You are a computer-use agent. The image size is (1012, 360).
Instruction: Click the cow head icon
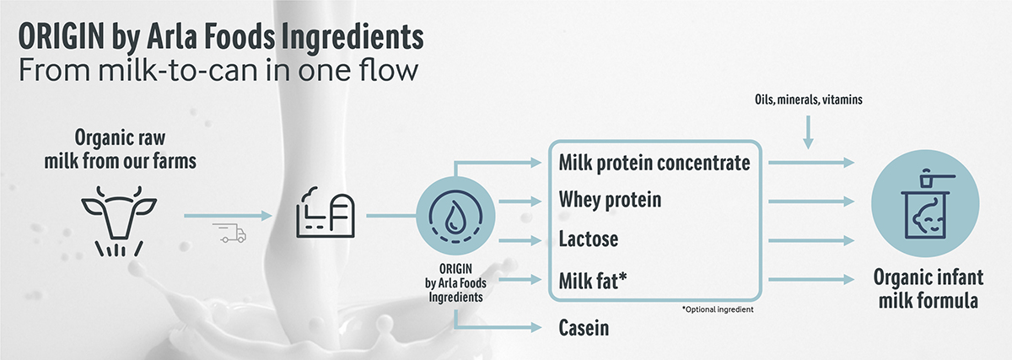click(119, 220)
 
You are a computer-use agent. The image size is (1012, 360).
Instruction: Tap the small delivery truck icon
click(229, 233)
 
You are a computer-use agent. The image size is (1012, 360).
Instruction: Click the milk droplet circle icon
click(455, 216)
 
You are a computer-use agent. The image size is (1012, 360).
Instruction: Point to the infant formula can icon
click(925, 203)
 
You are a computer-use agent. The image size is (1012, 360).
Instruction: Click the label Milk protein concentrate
click(654, 163)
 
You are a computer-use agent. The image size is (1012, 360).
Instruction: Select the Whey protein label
click(610, 200)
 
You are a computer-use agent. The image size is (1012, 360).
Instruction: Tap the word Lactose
click(589, 239)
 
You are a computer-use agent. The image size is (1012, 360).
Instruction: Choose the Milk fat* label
click(593, 281)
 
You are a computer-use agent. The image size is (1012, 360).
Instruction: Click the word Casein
click(584, 327)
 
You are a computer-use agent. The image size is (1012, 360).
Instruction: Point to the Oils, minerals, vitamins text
click(808, 99)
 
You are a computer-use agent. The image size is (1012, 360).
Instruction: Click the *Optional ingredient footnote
click(718, 309)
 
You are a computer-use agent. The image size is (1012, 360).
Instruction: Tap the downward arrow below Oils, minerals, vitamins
click(808, 132)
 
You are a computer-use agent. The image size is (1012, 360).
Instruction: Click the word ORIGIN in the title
click(62, 37)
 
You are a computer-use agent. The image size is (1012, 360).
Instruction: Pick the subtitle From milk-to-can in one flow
click(218, 71)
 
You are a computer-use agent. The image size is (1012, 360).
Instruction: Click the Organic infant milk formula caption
click(928, 289)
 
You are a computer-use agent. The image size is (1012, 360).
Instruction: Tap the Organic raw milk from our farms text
click(120, 149)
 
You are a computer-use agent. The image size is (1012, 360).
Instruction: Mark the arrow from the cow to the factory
click(229, 216)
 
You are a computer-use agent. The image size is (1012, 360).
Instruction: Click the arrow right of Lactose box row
click(811, 241)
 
